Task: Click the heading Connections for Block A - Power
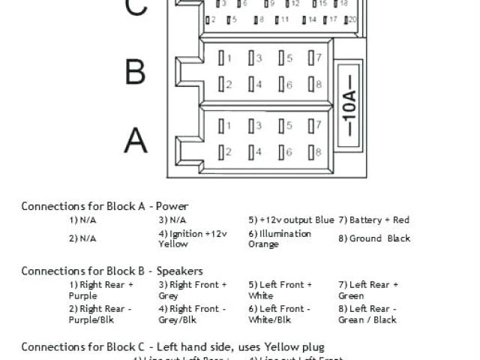coord(104,205)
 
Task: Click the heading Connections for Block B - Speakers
coord(112,270)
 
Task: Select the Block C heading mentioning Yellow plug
coord(172,346)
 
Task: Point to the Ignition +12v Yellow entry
coord(192,238)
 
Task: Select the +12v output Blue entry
coord(291,220)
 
